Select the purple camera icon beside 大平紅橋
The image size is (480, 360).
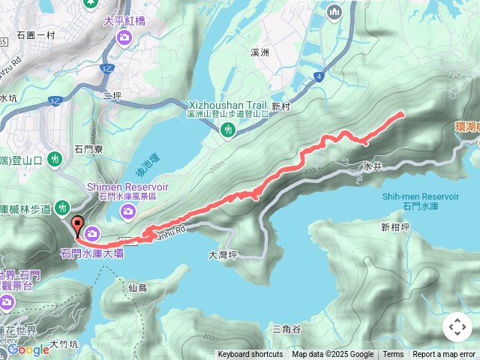[x=124, y=36]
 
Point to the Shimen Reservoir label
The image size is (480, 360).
[x=127, y=186]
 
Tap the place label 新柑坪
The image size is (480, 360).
[x=394, y=226]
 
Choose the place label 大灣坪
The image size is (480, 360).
[x=222, y=255]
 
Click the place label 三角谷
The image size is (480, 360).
[x=286, y=328]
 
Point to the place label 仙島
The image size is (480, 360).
[x=137, y=287]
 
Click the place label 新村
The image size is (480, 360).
[x=280, y=106]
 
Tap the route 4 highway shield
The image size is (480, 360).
[x=319, y=76]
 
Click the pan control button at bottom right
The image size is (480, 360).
[x=457, y=327]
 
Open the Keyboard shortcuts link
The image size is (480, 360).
[x=250, y=355]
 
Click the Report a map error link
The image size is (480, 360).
[x=444, y=355]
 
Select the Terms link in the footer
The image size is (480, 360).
[x=393, y=355]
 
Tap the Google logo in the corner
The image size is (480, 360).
[x=28, y=349]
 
